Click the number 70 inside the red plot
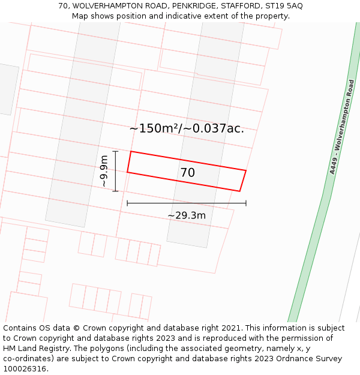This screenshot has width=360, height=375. coord(187,173)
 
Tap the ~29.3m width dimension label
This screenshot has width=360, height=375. coord(187,215)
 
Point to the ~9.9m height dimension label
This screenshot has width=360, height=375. coord(104,171)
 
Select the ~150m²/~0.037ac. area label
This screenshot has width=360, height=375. coord(187,128)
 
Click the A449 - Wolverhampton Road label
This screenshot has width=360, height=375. coord(342,127)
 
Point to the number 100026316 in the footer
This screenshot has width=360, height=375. coord(24,369)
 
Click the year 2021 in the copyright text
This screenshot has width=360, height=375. coord(232,328)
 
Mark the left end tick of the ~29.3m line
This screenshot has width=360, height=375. coord(127,203)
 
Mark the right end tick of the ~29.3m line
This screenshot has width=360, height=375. coord(246,203)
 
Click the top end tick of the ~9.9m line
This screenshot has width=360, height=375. coord(115,151)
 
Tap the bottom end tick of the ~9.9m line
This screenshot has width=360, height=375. coord(115,191)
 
